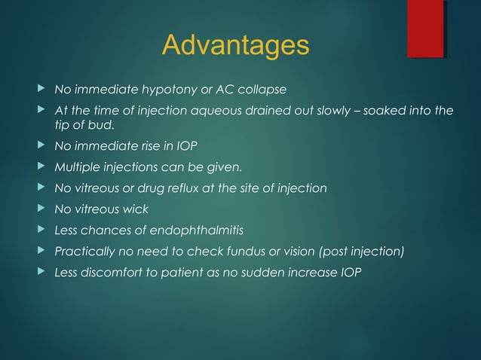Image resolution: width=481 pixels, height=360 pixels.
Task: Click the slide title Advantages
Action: pos(235,45)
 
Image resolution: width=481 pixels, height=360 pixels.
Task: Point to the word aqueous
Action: pos(231,111)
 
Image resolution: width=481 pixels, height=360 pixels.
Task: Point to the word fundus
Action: pos(244,251)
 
